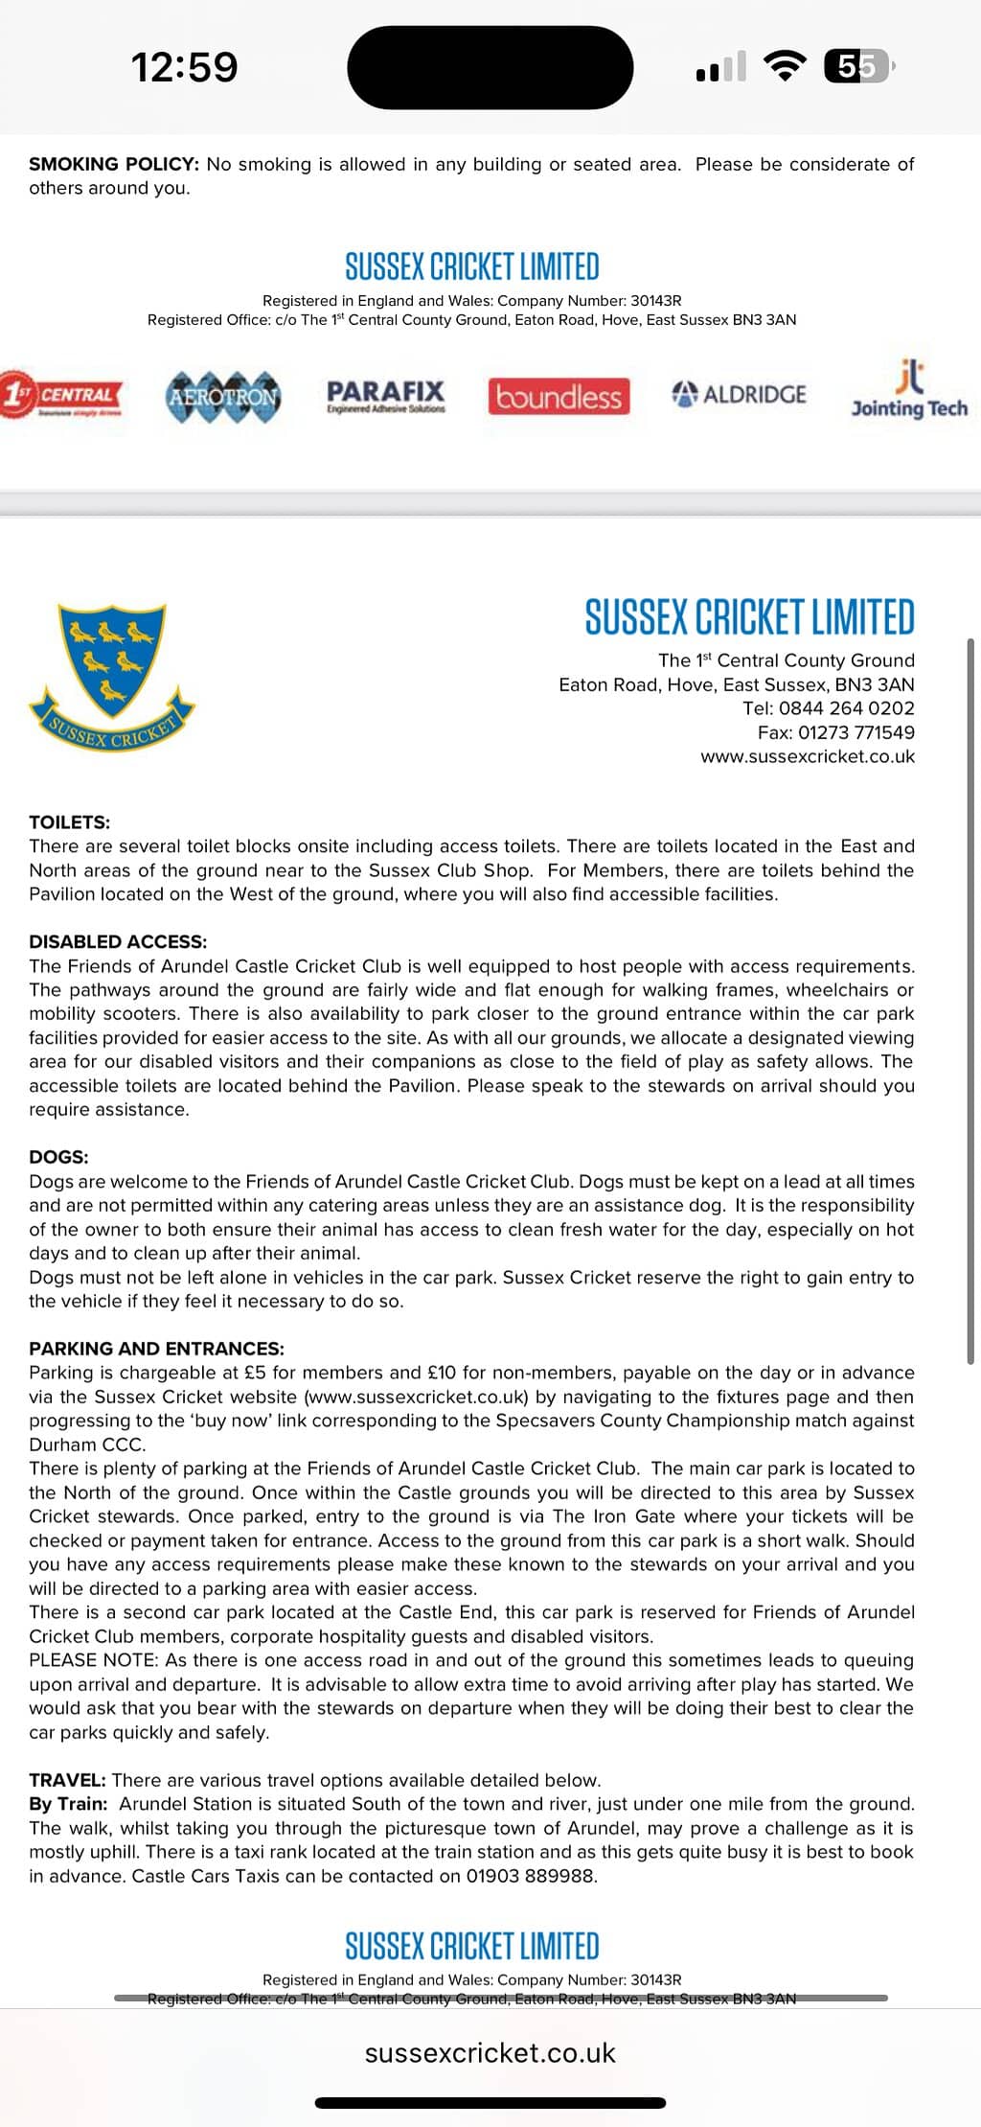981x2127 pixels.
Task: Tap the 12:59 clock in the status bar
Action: (184, 67)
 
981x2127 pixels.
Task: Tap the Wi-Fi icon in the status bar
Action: (784, 66)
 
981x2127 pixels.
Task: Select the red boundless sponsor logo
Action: (559, 396)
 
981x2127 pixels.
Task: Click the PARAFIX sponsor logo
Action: (386, 395)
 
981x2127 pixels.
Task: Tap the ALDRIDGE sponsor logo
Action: (740, 394)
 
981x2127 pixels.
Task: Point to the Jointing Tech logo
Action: (909, 391)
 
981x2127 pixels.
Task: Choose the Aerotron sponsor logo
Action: (224, 396)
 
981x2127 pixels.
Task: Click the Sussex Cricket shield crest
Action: (112, 676)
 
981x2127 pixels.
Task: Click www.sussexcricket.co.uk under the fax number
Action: (807, 756)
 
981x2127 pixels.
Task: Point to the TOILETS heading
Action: (69, 821)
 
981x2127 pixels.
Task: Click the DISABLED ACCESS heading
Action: (117, 941)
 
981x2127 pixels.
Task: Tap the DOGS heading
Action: (58, 1157)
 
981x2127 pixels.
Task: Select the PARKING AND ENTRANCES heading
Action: (156, 1349)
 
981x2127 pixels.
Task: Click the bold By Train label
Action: (68, 1804)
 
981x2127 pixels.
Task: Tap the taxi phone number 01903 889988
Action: (530, 1876)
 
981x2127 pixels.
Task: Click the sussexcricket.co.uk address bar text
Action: (490, 2052)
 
